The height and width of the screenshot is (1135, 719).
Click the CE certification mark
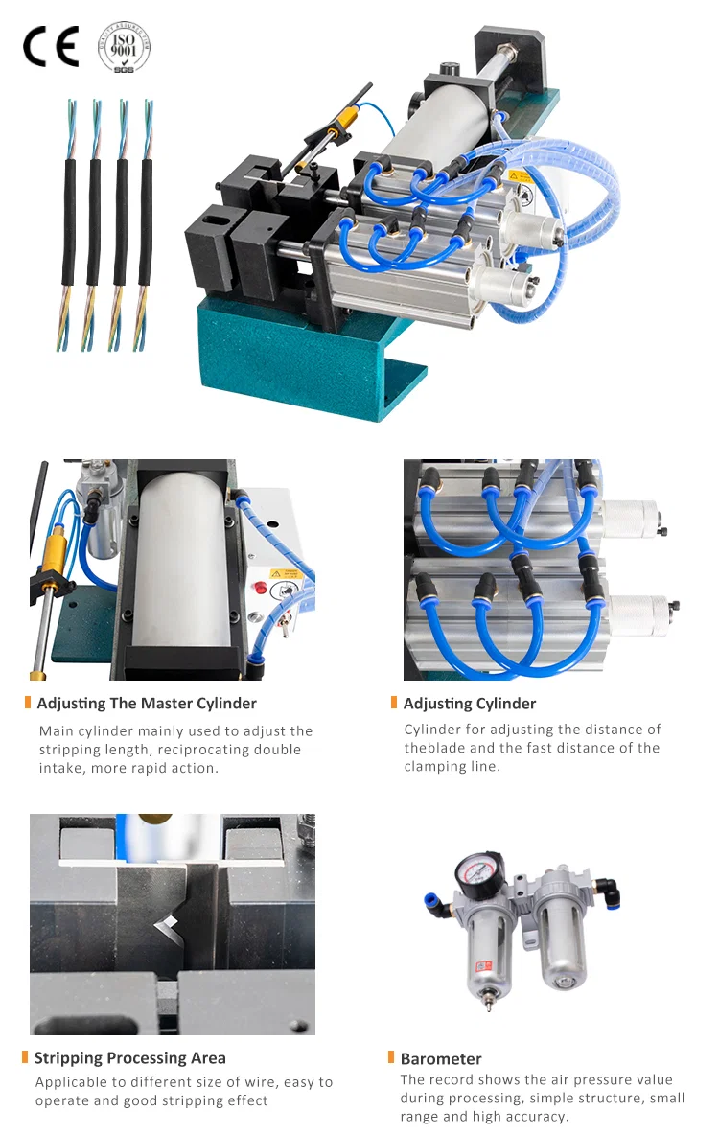pyautogui.click(x=50, y=46)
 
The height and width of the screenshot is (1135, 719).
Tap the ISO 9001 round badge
pyautogui.click(x=125, y=45)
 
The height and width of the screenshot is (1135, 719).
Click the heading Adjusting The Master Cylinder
pyautogui.click(x=147, y=704)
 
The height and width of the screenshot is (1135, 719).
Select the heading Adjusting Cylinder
pyautogui.click(x=470, y=704)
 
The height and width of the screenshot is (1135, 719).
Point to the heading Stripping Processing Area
pyautogui.click(x=130, y=1058)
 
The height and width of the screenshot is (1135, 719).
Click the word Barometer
pyautogui.click(x=441, y=1059)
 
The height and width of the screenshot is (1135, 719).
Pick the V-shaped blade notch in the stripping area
pyautogui.click(x=168, y=925)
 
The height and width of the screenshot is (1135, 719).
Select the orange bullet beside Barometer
pyautogui.click(x=391, y=1057)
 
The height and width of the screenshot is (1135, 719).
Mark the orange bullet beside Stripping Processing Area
pyautogui.click(x=25, y=1057)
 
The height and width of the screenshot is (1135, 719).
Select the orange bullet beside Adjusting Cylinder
pyautogui.click(x=394, y=703)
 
